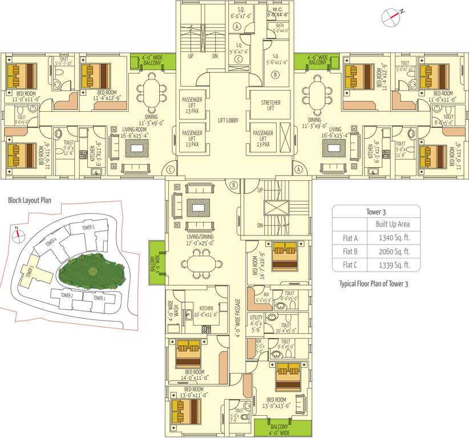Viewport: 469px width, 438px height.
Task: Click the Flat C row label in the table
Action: pos(350,265)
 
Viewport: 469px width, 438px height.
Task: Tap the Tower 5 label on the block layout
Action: pos(88,228)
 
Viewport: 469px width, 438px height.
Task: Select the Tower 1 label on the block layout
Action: pos(99,298)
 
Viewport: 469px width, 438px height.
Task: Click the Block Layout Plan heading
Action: pos(30,201)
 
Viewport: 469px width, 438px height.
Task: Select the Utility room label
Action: pos(256,323)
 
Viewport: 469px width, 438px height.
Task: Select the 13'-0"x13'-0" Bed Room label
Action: pos(276,403)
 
